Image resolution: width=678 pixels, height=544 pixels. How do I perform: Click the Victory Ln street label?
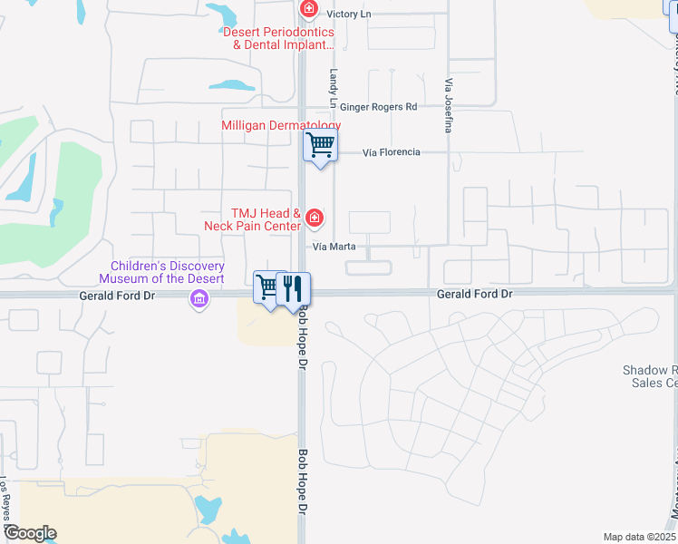click(349, 14)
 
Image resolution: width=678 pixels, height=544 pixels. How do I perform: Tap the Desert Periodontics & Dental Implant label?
click(278, 37)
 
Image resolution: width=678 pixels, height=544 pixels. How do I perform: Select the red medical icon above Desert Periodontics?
click(309, 10)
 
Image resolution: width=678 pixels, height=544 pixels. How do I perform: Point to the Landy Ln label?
click(334, 85)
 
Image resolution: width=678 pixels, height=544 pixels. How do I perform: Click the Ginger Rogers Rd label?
click(384, 107)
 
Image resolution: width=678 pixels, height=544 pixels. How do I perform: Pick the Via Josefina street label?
click(448, 104)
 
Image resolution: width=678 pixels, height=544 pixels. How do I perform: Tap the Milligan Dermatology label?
click(281, 125)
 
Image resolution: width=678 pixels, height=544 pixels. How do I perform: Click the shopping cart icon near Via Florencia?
click(320, 144)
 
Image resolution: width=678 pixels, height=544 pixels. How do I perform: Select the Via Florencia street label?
click(391, 152)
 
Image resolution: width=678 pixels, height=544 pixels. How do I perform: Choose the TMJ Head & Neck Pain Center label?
click(266, 219)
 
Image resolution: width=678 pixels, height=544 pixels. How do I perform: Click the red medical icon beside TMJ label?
click(315, 218)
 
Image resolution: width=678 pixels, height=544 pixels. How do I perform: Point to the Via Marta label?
click(334, 247)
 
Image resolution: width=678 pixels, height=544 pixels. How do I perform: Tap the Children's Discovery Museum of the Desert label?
click(167, 272)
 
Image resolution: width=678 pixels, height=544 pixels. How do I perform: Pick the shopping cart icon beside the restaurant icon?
click(268, 287)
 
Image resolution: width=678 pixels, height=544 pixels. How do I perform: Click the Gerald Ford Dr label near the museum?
click(117, 295)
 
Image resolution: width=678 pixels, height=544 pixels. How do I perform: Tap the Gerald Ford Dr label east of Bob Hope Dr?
click(474, 295)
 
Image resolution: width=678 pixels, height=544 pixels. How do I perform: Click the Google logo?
click(29, 533)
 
